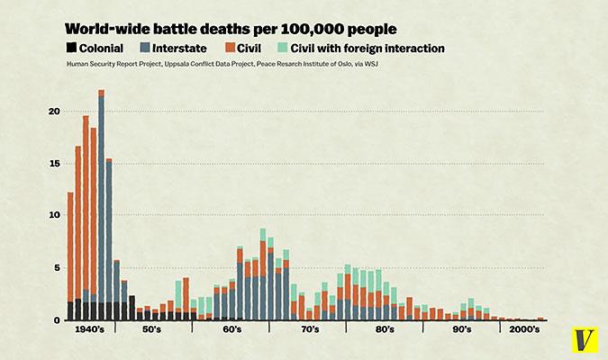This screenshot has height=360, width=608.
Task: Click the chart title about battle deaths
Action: coord(231,29)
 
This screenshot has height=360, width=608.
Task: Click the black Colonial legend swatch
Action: coord(71,48)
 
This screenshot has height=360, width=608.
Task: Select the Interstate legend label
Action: coord(183,48)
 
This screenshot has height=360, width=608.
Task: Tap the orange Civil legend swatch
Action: coord(231,48)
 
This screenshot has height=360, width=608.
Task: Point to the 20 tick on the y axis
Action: coord(54,112)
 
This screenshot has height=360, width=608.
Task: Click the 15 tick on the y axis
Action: coord(54,164)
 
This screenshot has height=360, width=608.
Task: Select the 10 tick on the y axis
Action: coord(54,216)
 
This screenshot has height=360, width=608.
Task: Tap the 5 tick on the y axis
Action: coord(56,268)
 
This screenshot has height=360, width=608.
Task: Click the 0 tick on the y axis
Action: coord(56,319)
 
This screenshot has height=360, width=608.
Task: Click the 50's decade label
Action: coord(152,331)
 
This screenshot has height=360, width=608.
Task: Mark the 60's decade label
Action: coord(231,331)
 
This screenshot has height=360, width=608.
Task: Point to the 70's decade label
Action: coord(308,331)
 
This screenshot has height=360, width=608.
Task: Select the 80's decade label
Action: coord(385,331)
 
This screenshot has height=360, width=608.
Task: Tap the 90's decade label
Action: coord(461,331)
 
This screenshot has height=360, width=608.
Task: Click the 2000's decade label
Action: coord(523,331)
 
